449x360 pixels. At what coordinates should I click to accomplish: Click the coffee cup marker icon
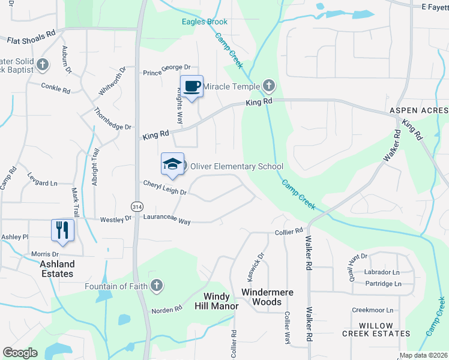(x=191, y=87)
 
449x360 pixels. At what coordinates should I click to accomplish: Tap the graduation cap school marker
(x=172, y=164)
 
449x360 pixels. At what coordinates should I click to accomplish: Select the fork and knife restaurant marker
(x=62, y=230)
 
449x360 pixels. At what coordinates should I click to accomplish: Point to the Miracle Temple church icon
(x=268, y=86)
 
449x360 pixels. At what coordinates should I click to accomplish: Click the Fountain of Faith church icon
(x=156, y=286)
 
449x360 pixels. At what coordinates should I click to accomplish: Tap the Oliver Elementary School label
(x=237, y=166)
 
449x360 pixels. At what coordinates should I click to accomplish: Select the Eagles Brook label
(x=205, y=22)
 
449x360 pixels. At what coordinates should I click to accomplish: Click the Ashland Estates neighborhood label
(x=57, y=269)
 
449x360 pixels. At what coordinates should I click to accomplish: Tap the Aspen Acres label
(x=418, y=111)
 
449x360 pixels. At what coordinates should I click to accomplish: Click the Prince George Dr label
(x=166, y=73)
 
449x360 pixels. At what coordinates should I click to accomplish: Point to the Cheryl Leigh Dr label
(x=165, y=188)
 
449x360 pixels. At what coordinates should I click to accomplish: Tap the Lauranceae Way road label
(x=167, y=221)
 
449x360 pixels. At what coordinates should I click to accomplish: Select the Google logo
(x=20, y=353)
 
